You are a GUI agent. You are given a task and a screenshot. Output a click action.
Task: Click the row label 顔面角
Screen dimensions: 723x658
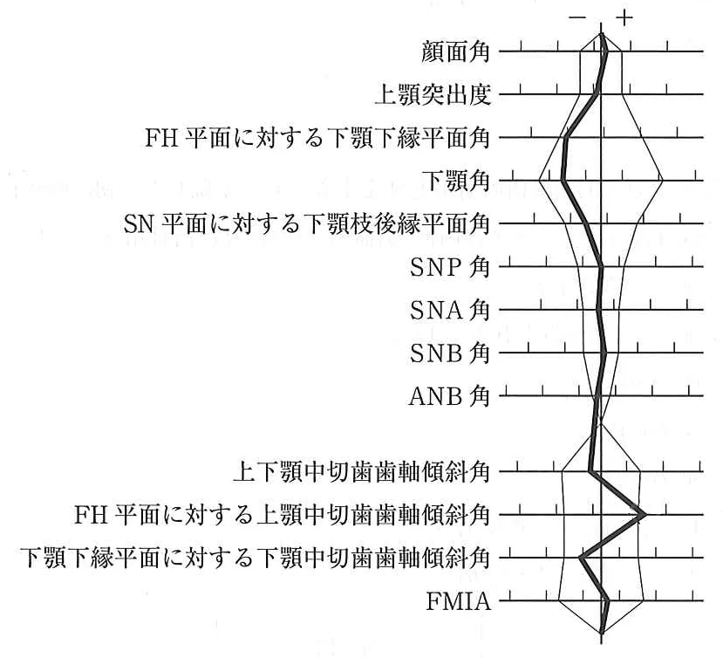pos(455,51)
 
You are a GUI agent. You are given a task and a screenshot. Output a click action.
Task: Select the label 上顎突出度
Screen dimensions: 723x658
pos(433,94)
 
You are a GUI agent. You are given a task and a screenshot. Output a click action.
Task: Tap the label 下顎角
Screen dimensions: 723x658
pos(455,181)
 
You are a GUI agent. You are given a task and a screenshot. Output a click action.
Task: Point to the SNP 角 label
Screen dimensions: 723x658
pos(449,267)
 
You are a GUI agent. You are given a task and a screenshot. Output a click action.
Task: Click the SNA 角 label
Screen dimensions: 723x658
pos(449,310)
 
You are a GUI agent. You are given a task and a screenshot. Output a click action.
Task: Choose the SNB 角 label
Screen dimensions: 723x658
pos(449,353)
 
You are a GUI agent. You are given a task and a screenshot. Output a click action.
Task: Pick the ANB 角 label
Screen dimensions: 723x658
pos(449,396)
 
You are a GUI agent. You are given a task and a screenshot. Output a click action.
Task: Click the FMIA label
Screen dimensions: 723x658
pos(458,600)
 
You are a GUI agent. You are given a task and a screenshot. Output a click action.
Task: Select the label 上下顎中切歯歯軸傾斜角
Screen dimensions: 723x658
pos(361,471)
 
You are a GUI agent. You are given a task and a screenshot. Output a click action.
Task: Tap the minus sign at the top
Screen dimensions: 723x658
pos(577,18)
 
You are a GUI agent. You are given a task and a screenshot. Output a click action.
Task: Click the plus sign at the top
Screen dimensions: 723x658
pos(624,18)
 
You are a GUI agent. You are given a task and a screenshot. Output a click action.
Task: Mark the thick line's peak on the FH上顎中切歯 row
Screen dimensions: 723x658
pos(644,514)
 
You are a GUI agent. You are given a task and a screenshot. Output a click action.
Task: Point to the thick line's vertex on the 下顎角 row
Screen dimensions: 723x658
pos(563,181)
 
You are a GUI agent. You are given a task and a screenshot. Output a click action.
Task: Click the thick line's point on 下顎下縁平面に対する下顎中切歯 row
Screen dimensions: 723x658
pos(582,558)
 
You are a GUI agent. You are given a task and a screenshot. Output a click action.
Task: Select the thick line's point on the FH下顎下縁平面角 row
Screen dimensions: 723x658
pos(566,137)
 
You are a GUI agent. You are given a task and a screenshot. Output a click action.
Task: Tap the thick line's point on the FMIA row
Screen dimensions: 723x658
pos(607,600)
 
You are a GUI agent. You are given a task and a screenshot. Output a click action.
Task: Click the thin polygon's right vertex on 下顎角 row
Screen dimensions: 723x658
pos(662,181)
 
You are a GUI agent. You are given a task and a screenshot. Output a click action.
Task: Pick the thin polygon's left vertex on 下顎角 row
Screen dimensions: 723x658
pos(540,181)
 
